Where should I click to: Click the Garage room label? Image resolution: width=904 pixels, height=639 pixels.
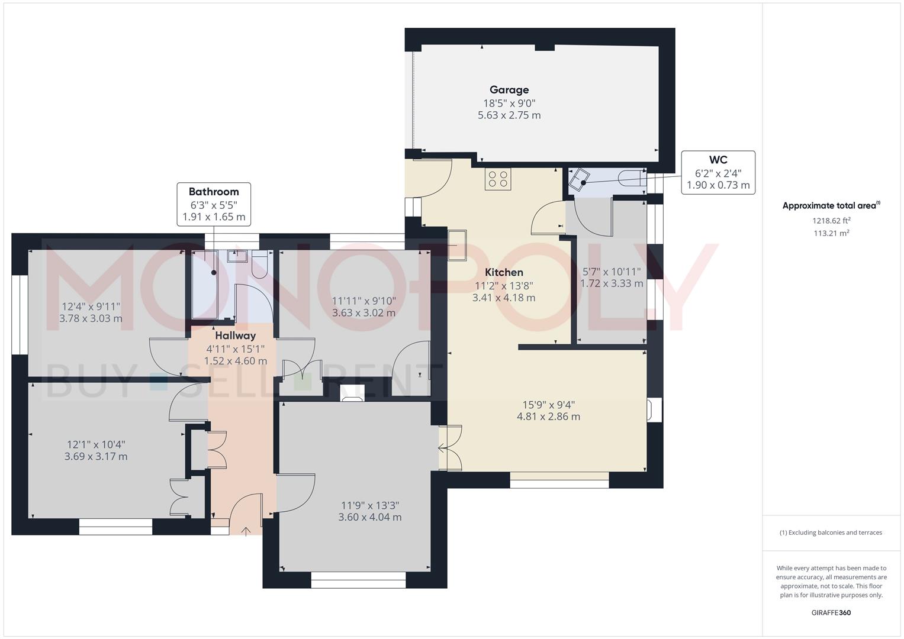(x=509, y=90)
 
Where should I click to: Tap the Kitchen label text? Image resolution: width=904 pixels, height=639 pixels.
(x=504, y=272)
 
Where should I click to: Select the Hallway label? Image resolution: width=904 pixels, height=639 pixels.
(x=235, y=335)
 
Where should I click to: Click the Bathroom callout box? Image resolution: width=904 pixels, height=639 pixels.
(x=214, y=204)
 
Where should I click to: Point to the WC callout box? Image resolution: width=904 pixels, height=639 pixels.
(x=718, y=172)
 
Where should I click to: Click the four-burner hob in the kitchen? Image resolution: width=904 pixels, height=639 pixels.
(x=498, y=179)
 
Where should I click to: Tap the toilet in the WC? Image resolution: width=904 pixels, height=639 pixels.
(x=631, y=177)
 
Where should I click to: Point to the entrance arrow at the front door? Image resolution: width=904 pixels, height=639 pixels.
(x=245, y=530)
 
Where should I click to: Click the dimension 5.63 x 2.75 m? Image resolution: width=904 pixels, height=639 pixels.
(x=509, y=115)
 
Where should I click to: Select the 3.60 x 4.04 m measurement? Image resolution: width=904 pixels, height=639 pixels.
(x=370, y=517)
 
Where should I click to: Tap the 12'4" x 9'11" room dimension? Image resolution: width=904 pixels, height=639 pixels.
(x=91, y=306)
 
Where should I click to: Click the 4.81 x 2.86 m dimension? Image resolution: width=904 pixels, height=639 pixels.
(x=548, y=417)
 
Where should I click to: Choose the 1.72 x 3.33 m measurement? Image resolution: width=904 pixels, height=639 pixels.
(x=612, y=283)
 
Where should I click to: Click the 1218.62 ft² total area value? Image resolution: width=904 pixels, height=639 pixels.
(x=831, y=221)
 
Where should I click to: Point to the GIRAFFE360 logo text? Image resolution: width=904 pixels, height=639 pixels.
(x=831, y=612)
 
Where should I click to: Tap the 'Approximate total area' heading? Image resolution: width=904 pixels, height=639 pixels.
(x=830, y=206)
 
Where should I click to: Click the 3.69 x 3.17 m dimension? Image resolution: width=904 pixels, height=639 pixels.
(x=96, y=456)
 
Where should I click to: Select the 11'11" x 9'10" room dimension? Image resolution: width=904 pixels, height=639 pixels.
(x=364, y=301)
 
